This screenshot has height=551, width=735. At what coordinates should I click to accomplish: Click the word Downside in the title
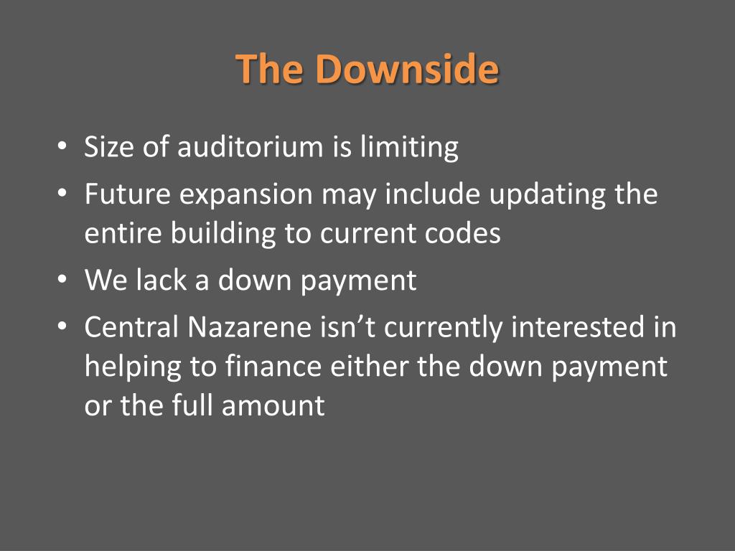point(407,69)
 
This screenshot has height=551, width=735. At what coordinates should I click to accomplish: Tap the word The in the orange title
point(270,69)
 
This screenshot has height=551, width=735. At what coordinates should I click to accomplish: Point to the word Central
point(131,327)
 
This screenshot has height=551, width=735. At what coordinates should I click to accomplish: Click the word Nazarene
point(251,327)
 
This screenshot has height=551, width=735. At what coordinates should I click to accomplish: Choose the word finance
point(271,367)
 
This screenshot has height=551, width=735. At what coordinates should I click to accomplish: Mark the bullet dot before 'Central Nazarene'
point(62,327)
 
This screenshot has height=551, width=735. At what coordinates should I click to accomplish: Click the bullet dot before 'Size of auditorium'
point(62,147)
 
